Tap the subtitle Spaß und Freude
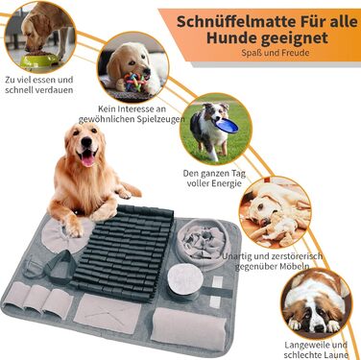(276, 52)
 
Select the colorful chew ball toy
(137, 82)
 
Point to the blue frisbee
(227, 125)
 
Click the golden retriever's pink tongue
(88, 159)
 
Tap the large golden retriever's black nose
(86, 142)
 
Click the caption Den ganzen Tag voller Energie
(214, 179)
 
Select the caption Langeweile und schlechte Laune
(315, 349)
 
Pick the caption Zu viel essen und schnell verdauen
(39, 84)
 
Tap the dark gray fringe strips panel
(124, 252)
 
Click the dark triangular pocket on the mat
(60, 267)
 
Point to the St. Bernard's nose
(319, 328)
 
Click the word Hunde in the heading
(231, 38)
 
